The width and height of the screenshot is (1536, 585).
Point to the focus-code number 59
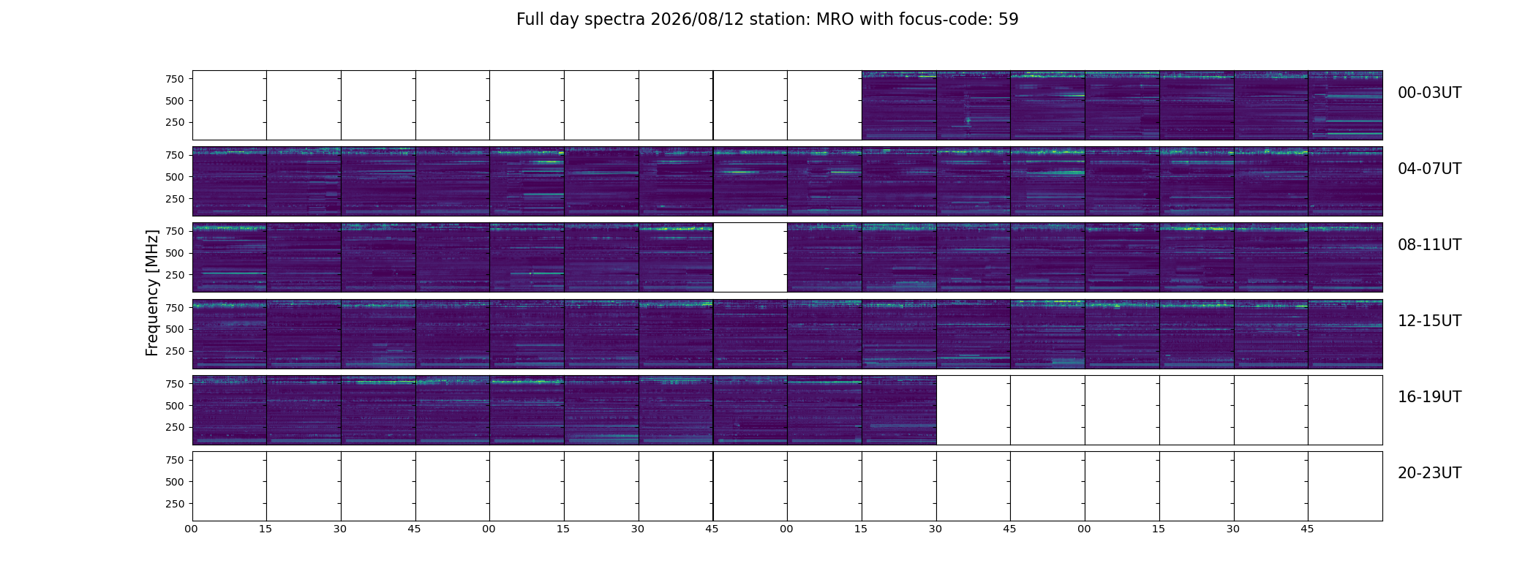tap(1009, 20)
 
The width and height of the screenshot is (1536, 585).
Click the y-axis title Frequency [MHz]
tap(152, 292)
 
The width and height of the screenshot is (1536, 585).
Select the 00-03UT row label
tap(1429, 93)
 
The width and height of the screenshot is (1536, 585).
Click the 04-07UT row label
tap(1429, 169)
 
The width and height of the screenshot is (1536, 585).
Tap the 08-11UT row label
tap(1429, 245)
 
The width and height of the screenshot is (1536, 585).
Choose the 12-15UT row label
tap(1429, 321)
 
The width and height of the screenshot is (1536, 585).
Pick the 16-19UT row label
tap(1429, 397)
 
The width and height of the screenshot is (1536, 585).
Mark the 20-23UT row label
tap(1429, 473)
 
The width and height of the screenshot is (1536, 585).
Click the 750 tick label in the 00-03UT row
tap(175, 79)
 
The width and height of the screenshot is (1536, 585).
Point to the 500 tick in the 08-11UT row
tap(175, 253)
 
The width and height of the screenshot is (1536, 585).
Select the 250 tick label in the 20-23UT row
tap(175, 504)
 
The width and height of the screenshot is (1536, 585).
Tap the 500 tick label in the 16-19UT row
tap(175, 406)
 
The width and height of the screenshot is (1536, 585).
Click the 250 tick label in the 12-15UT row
tap(175, 352)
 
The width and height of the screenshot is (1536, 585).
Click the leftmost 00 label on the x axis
tap(192, 529)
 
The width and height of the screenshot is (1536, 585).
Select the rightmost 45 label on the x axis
tap(1308, 529)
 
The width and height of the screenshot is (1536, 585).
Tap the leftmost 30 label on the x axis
tap(340, 529)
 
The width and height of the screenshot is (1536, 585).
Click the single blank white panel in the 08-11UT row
tap(750, 257)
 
